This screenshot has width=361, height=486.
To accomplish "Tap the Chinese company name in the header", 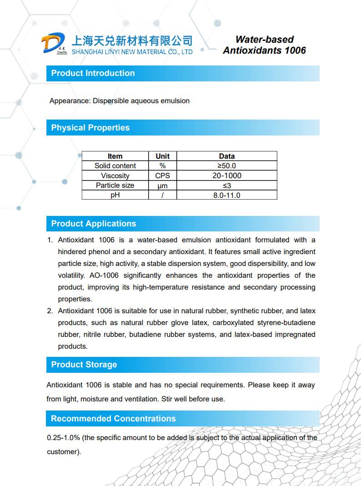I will [x=132, y=40].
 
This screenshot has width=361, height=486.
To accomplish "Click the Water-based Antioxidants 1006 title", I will [x=264, y=45].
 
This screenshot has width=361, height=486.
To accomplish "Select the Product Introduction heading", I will [x=93, y=73].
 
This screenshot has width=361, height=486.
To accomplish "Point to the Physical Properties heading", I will [x=90, y=128].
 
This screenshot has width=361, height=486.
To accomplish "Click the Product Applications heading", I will [x=93, y=224].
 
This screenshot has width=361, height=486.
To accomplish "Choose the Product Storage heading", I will [x=84, y=365].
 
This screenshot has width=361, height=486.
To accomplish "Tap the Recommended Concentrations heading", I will [x=113, y=419].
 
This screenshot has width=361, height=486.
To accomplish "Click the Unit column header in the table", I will [x=162, y=156].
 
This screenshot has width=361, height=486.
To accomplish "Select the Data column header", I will [x=226, y=156].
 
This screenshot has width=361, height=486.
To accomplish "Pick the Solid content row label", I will [x=115, y=166].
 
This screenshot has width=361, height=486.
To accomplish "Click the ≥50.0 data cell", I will [x=226, y=166].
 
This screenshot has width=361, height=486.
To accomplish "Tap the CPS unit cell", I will [x=162, y=175].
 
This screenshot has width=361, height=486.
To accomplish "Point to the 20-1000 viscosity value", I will [x=226, y=175].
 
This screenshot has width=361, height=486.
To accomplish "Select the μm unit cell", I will [x=162, y=185].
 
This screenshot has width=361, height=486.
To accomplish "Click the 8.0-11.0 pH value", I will [x=226, y=195].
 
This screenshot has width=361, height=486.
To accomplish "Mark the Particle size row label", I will [x=115, y=185].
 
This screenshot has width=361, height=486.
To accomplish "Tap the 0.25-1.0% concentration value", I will [x=64, y=438].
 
